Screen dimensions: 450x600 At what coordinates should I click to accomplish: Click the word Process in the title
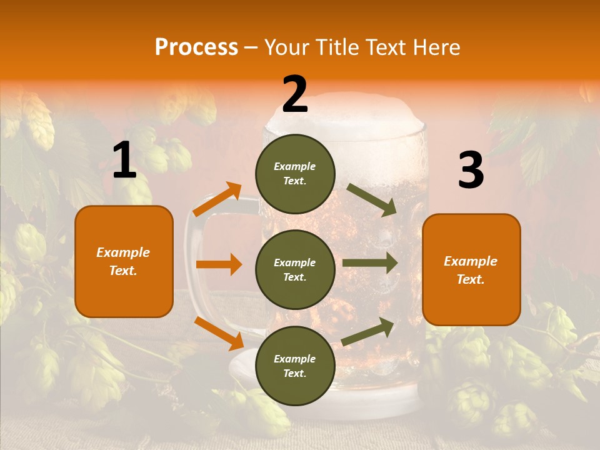click(196, 47)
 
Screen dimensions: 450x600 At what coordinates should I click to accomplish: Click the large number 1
click(124, 161)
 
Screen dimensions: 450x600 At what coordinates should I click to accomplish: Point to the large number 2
click(295, 95)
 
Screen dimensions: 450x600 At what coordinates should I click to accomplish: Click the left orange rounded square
click(124, 261)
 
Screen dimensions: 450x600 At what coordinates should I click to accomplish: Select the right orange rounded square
click(471, 269)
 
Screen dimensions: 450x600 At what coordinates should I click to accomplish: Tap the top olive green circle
click(295, 174)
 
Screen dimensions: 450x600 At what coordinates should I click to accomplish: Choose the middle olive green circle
click(295, 269)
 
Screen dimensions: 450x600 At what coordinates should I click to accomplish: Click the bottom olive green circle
click(295, 366)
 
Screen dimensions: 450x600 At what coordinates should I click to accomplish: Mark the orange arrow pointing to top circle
click(217, 199)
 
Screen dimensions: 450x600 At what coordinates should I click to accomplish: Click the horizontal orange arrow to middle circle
click(219, 264)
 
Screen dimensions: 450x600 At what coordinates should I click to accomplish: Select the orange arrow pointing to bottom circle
click(219, 333)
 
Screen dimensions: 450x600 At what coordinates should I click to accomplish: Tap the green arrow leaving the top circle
click(372, 200)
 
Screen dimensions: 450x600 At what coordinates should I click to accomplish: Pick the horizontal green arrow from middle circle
click(370, 262)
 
